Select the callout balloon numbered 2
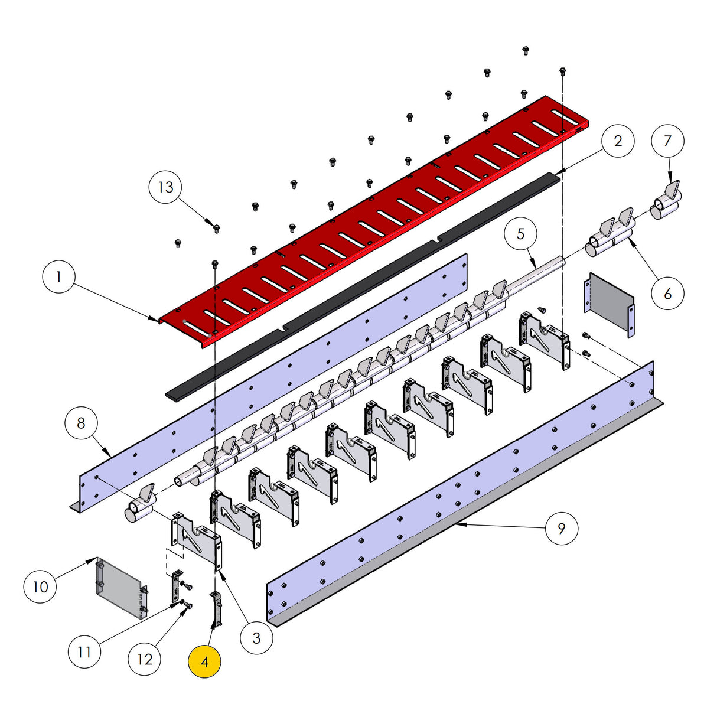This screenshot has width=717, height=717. (x=618, y=141)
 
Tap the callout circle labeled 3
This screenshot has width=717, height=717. (x=256, y=637)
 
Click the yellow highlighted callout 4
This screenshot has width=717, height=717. (x=204, y=661)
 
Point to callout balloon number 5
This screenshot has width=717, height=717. (x=520, y=234)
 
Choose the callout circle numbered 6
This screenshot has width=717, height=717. (x=668, y=294)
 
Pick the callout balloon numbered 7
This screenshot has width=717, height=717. (x=668, y=141)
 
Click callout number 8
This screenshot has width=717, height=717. (x=82, y=423)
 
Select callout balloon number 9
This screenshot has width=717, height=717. (x=562, y=527)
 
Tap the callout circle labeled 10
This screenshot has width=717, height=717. (x=40, y=586)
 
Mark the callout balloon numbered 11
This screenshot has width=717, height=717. (x=84, y=651)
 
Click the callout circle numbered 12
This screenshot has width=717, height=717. (x=145, y=659)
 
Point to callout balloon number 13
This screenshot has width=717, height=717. (x=165, y=187)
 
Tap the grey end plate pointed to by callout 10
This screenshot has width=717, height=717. (x=120, y=588)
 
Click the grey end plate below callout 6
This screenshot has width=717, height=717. (x=610, y=304)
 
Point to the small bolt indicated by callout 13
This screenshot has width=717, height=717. (x=216, y=228)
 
